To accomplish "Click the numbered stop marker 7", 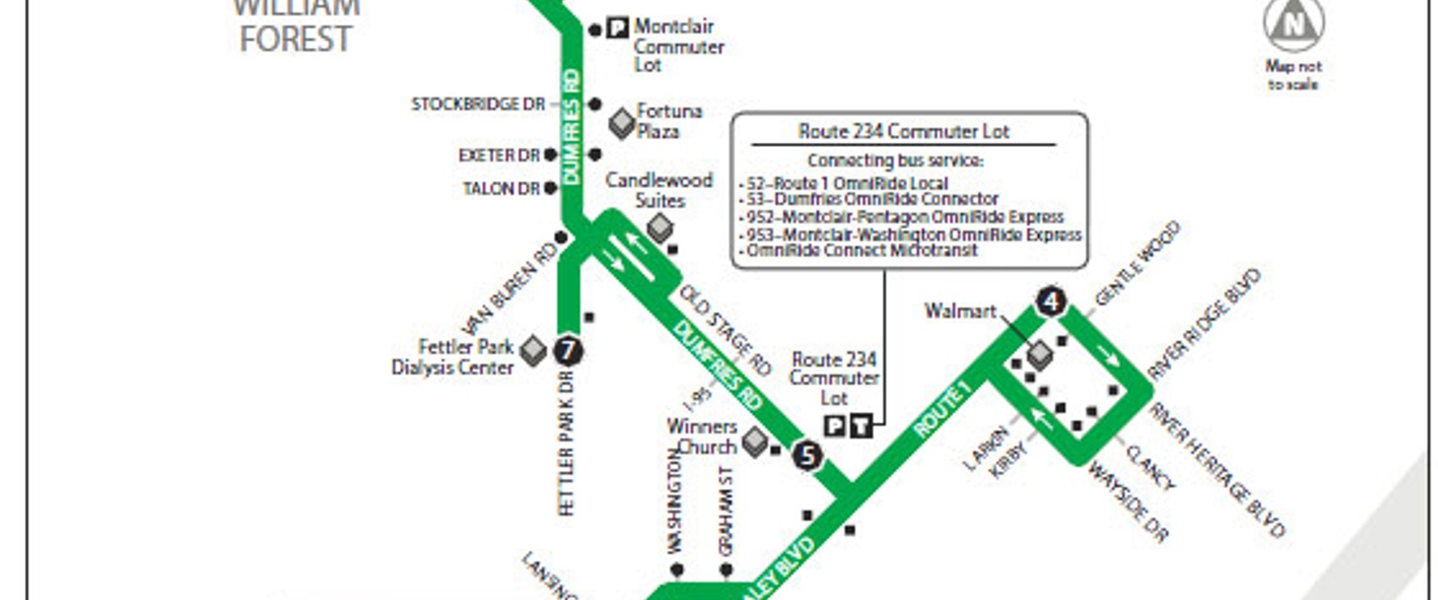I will coord(569,351).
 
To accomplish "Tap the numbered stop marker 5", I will coord(807,455).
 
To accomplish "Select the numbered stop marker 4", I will coord(1050,302).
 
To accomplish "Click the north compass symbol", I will coord(1294,26).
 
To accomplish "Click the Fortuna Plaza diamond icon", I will coord(622,122).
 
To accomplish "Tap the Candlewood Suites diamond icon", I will coord(660,227).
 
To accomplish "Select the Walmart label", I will coord(961,311).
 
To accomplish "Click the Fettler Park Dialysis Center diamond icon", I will coord(533,351).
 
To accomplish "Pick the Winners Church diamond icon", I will coord(755,441).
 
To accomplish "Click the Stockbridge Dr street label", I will coord(477,104).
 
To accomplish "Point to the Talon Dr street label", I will coord(501,189).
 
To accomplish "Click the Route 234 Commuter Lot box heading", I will coord(903,132).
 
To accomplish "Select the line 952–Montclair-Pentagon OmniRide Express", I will coord(903,217).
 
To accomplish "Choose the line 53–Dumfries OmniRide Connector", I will coord(871,199).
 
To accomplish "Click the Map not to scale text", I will coord(1294,75).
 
